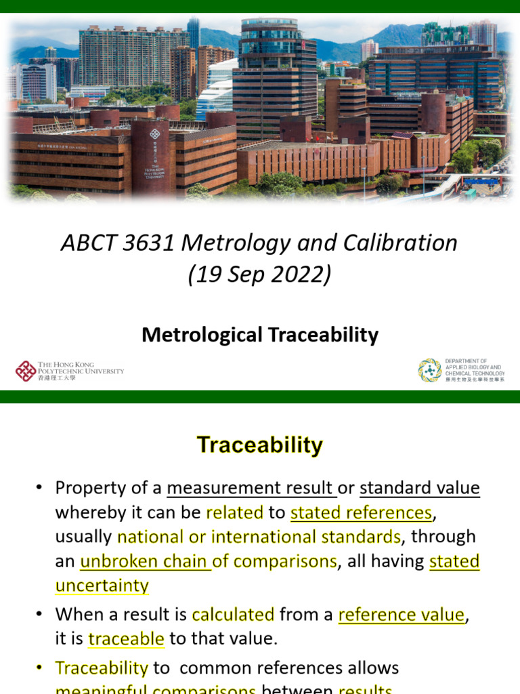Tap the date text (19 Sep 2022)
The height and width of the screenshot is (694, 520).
[x=260, y=274]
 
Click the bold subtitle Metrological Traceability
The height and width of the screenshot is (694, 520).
[x=260, y=335]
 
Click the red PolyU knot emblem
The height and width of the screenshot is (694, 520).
[x=26, y=371]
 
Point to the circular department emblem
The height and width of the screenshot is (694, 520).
[x=430, y=371]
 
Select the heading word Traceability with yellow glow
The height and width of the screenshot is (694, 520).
[x=260, y=445]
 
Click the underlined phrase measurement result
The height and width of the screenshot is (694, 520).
[x=251, y=488]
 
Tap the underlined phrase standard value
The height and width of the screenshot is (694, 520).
[x=419, y=488]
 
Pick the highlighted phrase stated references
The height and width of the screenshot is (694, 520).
[x=361, y=512]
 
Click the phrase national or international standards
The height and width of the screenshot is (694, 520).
[x=259, y=537]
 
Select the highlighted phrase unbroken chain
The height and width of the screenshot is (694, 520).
[x=146, y=561]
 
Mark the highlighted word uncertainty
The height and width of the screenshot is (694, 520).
[x=102, y=586]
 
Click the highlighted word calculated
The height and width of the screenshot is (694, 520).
[x=233, y=615]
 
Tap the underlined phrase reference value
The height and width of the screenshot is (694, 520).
[x=402, y=615]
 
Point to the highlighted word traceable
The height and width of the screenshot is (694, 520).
[x=126, y=638]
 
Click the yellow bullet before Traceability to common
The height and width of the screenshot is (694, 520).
[x=40, y=668]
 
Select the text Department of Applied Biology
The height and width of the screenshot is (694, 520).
[x=475, y=367]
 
